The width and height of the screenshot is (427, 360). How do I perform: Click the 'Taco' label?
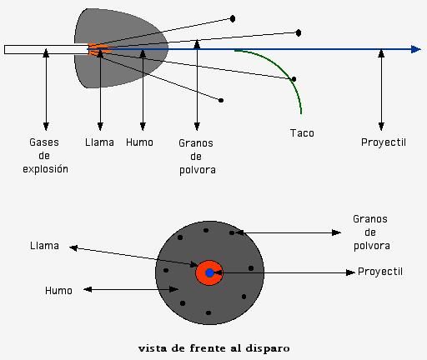tap(302, 133)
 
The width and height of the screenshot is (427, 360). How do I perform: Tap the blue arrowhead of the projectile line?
tap(416, 49)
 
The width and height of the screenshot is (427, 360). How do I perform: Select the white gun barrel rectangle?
tap(47, 49)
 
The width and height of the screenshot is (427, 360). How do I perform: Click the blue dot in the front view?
tap(209, 272)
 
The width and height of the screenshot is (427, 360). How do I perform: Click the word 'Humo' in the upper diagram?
tap(139, 142)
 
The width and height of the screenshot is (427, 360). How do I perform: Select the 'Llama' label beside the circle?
tap(44, 246)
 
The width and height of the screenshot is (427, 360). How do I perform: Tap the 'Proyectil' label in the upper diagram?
tap(384, 142)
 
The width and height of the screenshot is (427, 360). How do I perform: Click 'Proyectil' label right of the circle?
tap(380, 272)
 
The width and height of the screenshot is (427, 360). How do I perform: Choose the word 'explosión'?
tap(45, 169)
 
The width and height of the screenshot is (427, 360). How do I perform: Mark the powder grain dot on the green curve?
tap(294, 79)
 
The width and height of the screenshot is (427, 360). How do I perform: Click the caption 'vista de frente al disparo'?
tap(214, 348)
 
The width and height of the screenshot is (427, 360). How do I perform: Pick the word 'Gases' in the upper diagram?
tap(44, 142)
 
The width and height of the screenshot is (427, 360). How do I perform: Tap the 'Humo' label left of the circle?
tap(58, 291)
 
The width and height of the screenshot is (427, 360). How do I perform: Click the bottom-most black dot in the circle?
tap(208, 312)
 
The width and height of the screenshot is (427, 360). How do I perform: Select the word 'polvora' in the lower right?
tap(372, 246)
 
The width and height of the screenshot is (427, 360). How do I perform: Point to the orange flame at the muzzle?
tap(98, 49)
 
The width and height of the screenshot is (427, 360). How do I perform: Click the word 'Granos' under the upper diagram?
tap(196, 143)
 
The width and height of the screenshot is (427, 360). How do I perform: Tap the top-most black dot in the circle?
tap(206, 230)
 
